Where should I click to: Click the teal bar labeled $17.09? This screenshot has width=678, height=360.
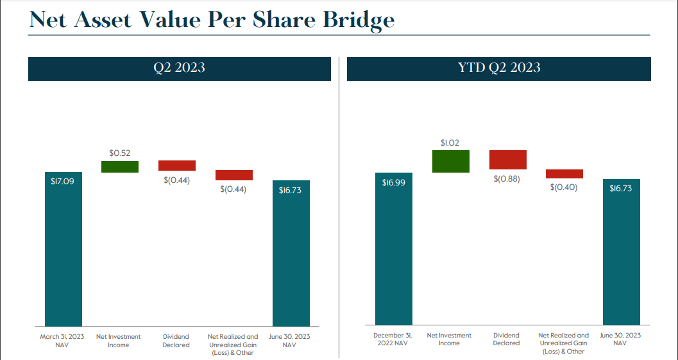pyautogui.click(x=63, y=250)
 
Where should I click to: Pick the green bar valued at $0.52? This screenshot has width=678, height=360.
pyautogui.click(x=120, y=167)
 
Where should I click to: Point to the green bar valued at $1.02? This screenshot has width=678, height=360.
pyautogui.click(x=450, y=161)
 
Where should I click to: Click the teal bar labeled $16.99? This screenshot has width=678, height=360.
pyautogui.click(x=393, y=250)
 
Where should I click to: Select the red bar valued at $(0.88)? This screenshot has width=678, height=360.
pyautogui.click(x=507, y=159)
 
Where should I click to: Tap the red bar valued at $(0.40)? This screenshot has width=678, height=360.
pyautogui.click(x=564, y=174)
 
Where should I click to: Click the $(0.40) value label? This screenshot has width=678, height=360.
pyautogui.click(x=564, y=187)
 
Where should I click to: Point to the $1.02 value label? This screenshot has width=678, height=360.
pyautogui.click(x=450, y=142)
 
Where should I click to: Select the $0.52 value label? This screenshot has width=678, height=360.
pyautogui.click(x=119, y=153)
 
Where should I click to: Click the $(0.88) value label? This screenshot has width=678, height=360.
pyautogui.click(x=507, y=178)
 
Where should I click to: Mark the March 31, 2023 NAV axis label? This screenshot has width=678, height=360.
pyautogui.click(x=62, y=341)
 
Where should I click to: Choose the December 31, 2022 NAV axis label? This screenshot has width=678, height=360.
pyautogui.click(x=393, y=339)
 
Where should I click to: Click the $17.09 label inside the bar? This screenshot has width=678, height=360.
pyautogui.click(x=62, y=182)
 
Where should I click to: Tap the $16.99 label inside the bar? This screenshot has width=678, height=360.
pyautogui.click(x=393, y=182)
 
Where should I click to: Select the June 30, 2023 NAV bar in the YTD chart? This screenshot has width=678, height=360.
pyautogui.click(x=622, y=253)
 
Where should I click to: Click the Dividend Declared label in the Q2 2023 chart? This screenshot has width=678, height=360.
pyautogui.click(x=176, y=341)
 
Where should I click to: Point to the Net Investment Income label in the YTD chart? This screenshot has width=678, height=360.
pyautogui.click(x=449, y=339)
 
